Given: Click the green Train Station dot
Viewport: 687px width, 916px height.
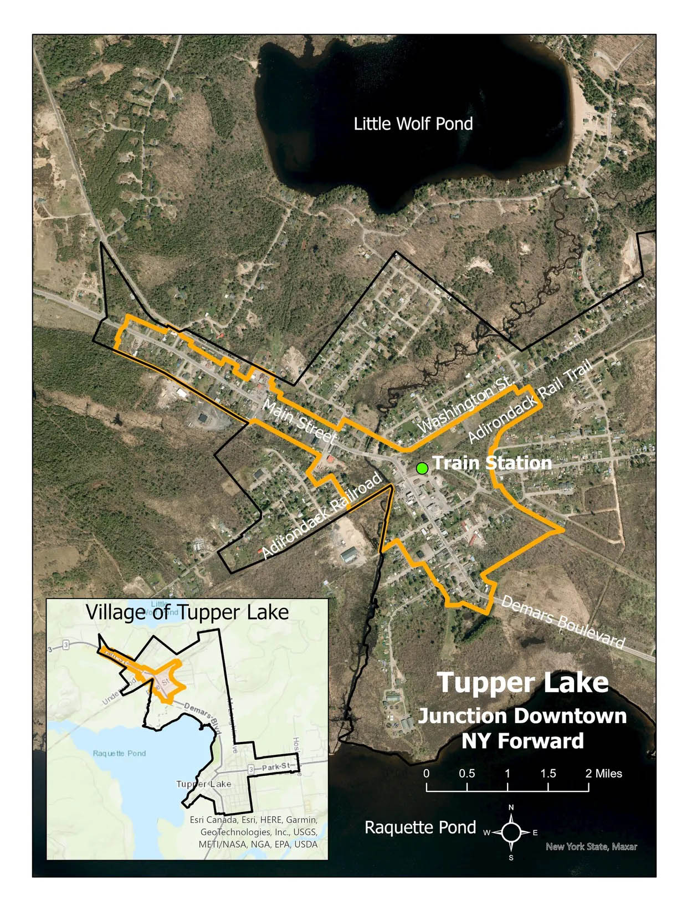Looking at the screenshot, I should point(422,468).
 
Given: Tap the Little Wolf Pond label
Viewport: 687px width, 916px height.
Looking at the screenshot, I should point(413,124).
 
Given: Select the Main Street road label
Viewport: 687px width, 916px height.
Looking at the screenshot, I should point(299,422).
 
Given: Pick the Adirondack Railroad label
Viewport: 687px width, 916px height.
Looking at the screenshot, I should point(321,515).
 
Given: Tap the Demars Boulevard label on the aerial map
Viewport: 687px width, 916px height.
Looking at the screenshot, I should point(562,622).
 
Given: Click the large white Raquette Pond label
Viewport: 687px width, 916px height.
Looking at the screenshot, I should point(420,827).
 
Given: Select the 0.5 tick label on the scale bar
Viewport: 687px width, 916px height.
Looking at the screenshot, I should point(466,774).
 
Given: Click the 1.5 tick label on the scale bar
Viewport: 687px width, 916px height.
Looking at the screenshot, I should point(548,774).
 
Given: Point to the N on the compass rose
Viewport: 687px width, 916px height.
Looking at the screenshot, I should point(511,807).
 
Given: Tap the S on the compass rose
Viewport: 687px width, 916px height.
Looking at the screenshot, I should point(511,857).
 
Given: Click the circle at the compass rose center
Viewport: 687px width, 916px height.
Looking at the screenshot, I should point(511,832).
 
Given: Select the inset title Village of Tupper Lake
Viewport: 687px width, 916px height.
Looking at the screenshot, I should point(187,612).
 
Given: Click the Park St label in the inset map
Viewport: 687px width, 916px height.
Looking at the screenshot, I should point(276,767).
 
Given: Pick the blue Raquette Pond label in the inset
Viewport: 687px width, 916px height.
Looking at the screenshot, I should point(119,753).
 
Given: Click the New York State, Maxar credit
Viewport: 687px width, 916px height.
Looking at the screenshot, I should point(591,847).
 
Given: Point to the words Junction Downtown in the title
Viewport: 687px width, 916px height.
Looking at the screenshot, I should point(522,716).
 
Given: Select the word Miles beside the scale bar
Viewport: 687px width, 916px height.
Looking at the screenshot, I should point(608,774).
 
